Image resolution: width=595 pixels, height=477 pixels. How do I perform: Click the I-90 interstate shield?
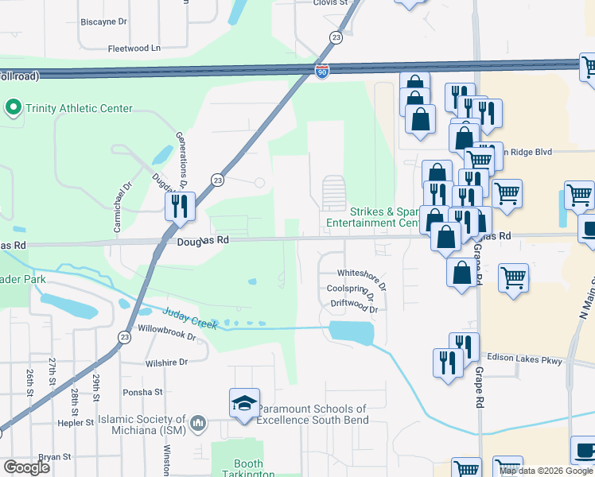321,72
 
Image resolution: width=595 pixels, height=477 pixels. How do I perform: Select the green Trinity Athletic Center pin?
13,107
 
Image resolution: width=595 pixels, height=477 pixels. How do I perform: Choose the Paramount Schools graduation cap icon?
244,402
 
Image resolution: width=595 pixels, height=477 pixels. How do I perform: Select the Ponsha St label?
142,392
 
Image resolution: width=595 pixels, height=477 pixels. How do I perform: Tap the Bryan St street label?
55,457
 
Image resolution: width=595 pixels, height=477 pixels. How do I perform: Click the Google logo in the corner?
26,467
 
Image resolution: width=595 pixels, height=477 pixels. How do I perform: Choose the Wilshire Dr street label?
165,362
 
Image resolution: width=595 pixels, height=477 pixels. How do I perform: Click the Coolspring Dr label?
351,289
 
